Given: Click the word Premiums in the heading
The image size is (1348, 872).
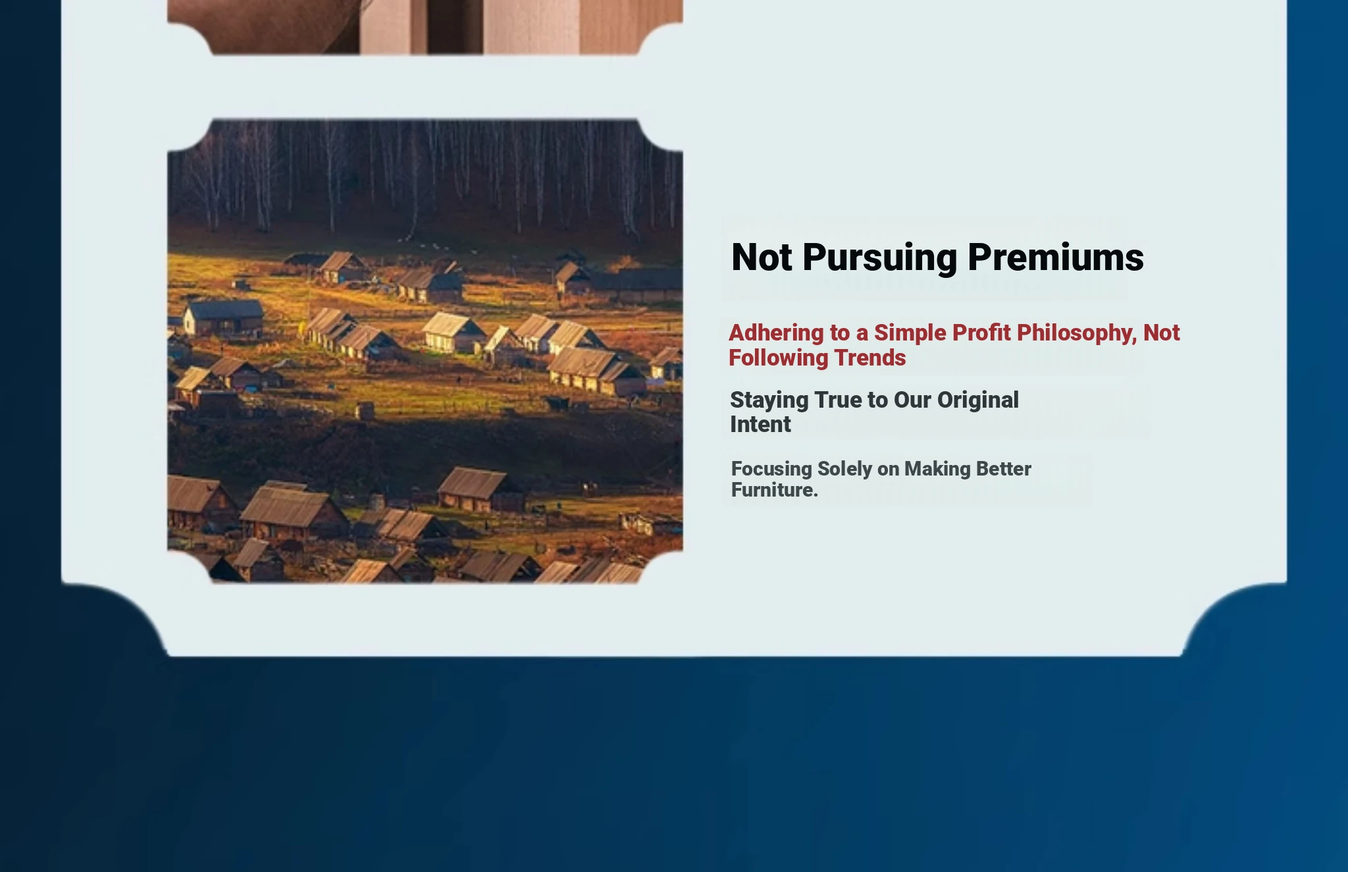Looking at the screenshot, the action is (x=1056, y=257).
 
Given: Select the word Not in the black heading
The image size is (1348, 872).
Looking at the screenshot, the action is (x=762, y=257).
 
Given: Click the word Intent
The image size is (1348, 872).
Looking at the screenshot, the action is (x=760, y=425).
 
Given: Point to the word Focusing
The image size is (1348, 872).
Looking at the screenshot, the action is (x=771, y=470).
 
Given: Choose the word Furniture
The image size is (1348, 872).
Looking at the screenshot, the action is (x=774, y=490).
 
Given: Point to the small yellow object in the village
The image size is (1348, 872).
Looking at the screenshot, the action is (x=302, y=328).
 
